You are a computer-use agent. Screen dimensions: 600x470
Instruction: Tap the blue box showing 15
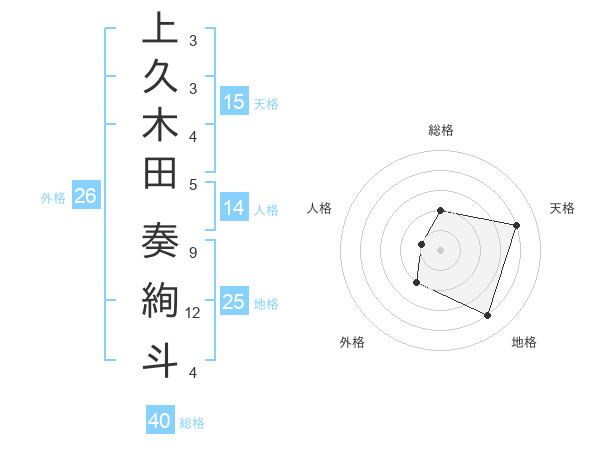pos(234,101)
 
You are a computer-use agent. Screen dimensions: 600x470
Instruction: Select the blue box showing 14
pos(234,208)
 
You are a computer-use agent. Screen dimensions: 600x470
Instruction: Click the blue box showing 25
pos(234,302)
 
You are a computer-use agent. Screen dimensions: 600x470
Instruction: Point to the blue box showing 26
pos(85,197)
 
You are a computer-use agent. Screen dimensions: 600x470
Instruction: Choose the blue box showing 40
pos(160,421)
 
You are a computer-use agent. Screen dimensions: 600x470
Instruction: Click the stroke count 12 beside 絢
pos(193,313)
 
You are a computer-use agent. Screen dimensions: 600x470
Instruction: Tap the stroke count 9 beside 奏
pos(192,253)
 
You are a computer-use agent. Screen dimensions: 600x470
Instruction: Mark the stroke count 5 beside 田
pos(192,184)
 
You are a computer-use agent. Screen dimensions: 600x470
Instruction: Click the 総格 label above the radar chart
pos(441,130)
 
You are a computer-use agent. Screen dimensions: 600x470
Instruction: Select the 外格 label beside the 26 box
pos(53,198)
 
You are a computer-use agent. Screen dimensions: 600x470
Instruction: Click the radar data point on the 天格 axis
pos(516,226)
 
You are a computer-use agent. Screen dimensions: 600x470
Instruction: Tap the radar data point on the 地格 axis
pos(487,316)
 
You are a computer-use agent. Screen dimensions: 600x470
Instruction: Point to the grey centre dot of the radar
pos(441,250)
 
